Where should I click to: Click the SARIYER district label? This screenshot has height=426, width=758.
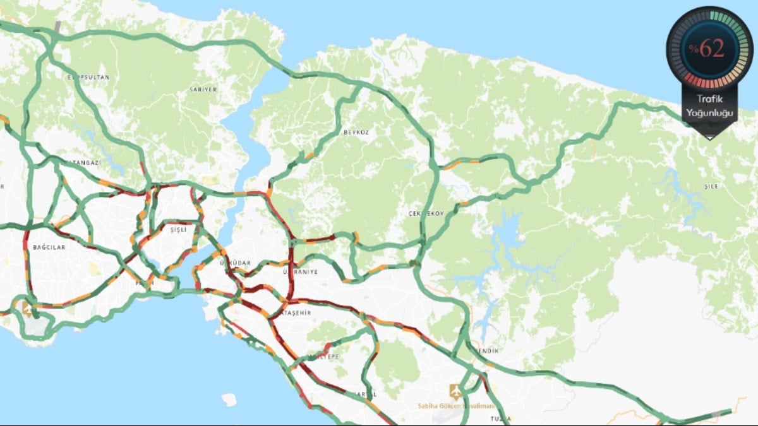(x=203, y=90)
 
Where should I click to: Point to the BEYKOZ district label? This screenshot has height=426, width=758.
(x=356, y=133)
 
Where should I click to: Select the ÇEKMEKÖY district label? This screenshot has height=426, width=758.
(x=426, y=213)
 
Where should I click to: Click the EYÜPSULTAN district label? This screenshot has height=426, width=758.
(x=88, y=77)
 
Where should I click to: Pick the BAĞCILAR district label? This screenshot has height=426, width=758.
(x=50, y=247)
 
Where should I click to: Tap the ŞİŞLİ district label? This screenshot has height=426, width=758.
(x=178, y=230)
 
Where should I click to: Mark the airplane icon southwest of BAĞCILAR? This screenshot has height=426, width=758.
(x=27, y=309)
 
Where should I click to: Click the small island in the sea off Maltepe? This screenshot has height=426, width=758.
(x=229, y=398)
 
